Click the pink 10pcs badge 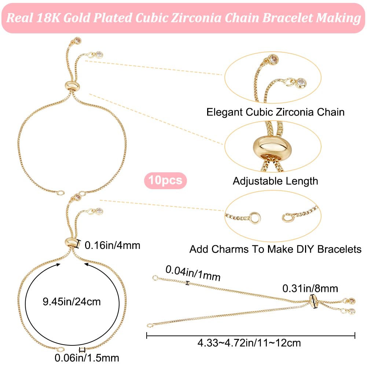(165, 180)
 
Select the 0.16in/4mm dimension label (113, 245)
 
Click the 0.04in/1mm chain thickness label (193, 273)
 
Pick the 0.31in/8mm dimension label (310, 289)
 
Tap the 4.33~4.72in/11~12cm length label (249, 343)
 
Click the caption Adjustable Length (275, 181)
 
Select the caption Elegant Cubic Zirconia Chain (275, 112)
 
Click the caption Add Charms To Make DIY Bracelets (275, 249)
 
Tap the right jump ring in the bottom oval (288, 217)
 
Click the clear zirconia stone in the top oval (301, 81)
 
